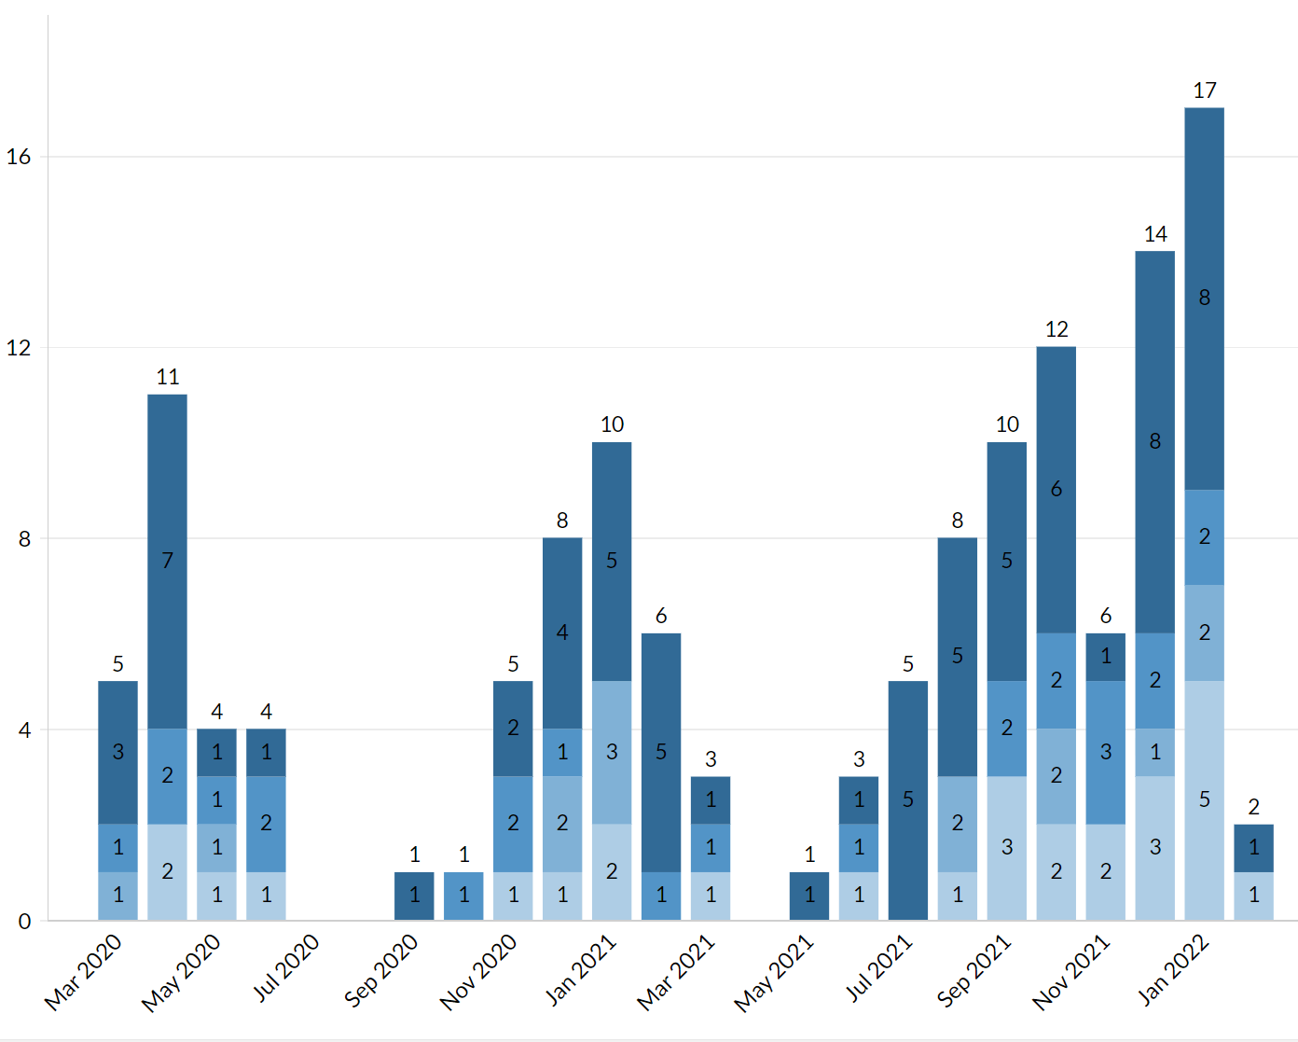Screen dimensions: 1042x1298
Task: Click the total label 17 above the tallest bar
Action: (1204, 90)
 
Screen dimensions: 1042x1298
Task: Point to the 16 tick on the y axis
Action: (19, 157)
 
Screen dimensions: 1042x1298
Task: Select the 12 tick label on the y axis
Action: (19, 348)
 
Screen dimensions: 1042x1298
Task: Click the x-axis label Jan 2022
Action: (1173, 970)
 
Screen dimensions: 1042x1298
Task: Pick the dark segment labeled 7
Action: (167, 561)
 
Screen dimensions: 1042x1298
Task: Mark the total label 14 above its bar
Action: (1155, 234)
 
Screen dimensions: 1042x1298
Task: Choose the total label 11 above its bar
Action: (168, 377)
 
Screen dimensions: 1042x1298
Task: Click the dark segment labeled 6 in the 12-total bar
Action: (1056, 489)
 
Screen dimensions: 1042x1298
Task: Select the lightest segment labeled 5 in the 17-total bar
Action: (1204, 799)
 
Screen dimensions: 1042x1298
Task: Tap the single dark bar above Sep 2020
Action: (414, 896)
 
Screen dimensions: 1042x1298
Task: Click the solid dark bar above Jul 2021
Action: (907, 799)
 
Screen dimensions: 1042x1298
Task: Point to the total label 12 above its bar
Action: (1056, 329)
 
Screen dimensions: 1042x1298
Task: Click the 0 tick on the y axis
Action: (24, 921)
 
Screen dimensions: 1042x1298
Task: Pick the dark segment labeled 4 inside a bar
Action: (562, 632)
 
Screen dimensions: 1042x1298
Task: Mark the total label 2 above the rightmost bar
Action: (1253, 807)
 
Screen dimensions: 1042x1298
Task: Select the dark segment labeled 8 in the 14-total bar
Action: (1154, 441)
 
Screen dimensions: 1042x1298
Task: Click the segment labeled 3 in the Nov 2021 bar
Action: (1105, 752)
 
